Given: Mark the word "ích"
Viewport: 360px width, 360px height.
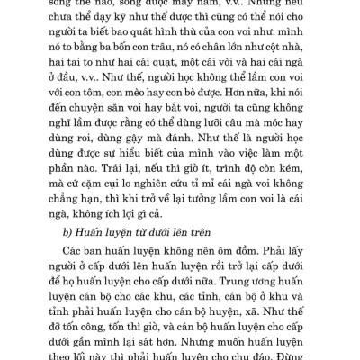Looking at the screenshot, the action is pyautogui.click(x=148, y=245).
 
